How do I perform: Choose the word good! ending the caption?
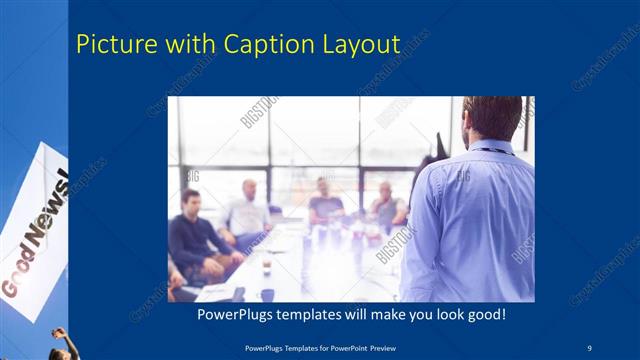click(x=485, y=315)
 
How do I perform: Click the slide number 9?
click(x=590, y=347)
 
